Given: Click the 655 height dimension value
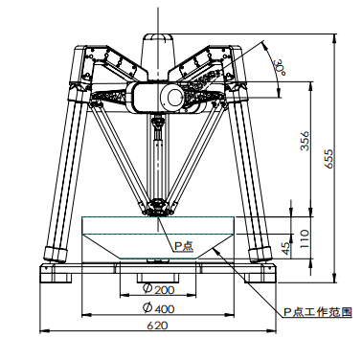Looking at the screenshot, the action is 328,158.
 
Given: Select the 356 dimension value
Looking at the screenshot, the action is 305,141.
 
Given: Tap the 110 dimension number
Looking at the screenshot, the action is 305,238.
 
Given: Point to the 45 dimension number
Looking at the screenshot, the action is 287,248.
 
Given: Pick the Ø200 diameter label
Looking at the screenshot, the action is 159,289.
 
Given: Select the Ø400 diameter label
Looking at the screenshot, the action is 159,308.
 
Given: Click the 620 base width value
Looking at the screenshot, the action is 157,326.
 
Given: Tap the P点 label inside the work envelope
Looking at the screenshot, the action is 183,246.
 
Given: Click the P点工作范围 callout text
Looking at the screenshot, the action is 318,312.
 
